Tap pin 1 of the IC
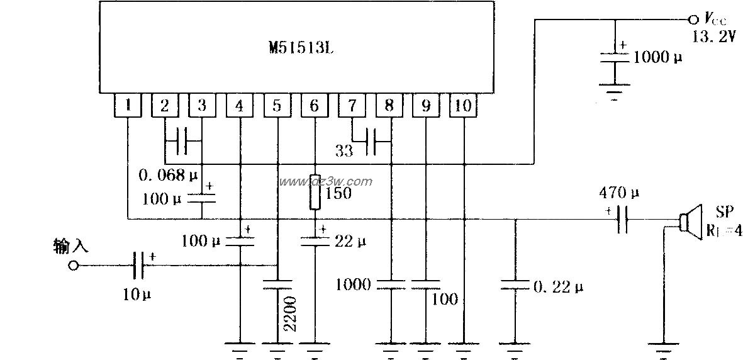(x=128, y=106)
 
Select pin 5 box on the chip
(x=276, y=106)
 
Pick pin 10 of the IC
(x=463, y=106)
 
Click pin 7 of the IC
(x=351, y=106)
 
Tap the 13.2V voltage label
(x=713, y=37)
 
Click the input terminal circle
(x=73, y=266)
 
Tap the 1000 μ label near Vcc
(x=657, y=57)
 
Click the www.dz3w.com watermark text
(x=326, y=181)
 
